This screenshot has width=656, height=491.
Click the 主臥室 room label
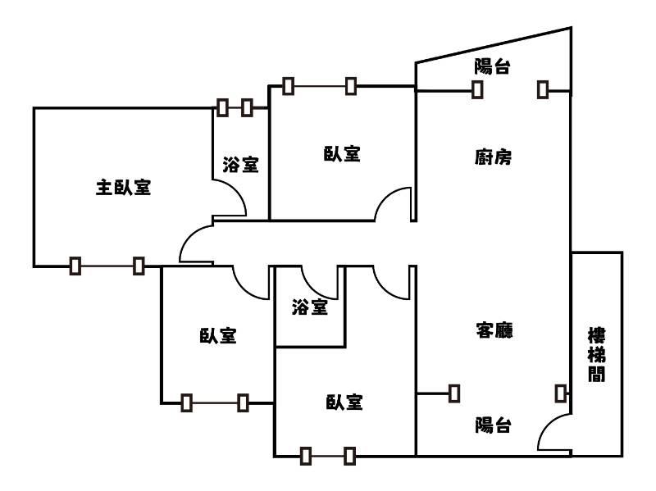[123, 188]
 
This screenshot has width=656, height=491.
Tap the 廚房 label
[493, 157]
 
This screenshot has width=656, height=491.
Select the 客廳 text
[494, 330]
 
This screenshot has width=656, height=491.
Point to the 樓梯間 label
[597, 355]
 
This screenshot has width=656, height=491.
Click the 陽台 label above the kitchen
[492, 67]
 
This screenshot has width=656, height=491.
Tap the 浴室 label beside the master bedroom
[240, 165]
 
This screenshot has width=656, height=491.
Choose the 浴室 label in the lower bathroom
[309, 307]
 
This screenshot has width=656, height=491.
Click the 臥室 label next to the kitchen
[342, 153]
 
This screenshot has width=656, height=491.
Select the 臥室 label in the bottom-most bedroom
[344, 402]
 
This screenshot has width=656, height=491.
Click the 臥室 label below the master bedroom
[217, 335]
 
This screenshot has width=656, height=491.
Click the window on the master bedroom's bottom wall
[107, 266]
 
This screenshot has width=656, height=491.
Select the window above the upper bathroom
[235, 107]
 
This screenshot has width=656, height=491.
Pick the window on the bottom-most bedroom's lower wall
[327, 455]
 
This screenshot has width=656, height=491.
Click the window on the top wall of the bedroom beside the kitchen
[320, 84]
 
